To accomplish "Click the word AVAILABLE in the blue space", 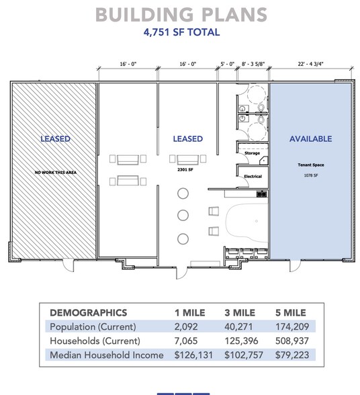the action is point(310,139).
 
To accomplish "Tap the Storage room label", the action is point(252,153).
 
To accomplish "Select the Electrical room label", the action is point(253,176).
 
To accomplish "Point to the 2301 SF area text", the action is point(185,169).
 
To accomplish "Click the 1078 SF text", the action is point(310,175).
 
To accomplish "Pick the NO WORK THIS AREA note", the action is point(56,172).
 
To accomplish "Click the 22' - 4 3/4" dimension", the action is point(310,64).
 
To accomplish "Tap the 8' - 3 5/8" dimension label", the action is point(253,64).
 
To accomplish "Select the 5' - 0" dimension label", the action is point(228,64).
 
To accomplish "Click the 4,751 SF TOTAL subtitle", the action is point(181,32).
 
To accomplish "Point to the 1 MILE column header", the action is point(189,312).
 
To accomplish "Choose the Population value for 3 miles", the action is point(238,326).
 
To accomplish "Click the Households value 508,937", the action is point(292,341).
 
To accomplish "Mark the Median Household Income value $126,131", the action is point(193,355).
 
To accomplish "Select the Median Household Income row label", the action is point(107,355).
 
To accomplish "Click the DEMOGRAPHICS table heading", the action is point(89,312).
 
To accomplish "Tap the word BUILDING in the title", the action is point(144,15).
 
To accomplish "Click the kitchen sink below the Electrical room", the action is point(261,194).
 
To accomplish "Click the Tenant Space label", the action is point(310,165).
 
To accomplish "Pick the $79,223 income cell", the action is point(292,355).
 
